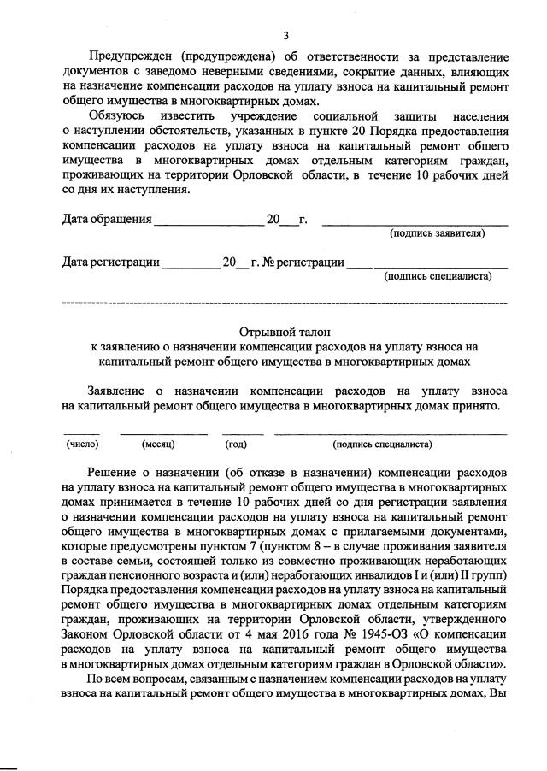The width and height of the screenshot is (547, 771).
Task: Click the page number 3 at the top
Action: tap(286, 35)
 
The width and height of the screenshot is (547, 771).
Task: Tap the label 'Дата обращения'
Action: tap(108, 219)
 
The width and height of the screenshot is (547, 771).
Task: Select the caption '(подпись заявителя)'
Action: tap(438, 233)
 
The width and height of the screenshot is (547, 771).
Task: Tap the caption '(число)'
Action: tap(83, 444)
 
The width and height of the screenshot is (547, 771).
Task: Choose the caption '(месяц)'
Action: tap(159, 444)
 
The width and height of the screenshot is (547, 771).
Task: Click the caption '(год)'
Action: tap(236, 444)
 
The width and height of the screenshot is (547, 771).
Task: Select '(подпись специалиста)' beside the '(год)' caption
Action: tap(382, 444)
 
